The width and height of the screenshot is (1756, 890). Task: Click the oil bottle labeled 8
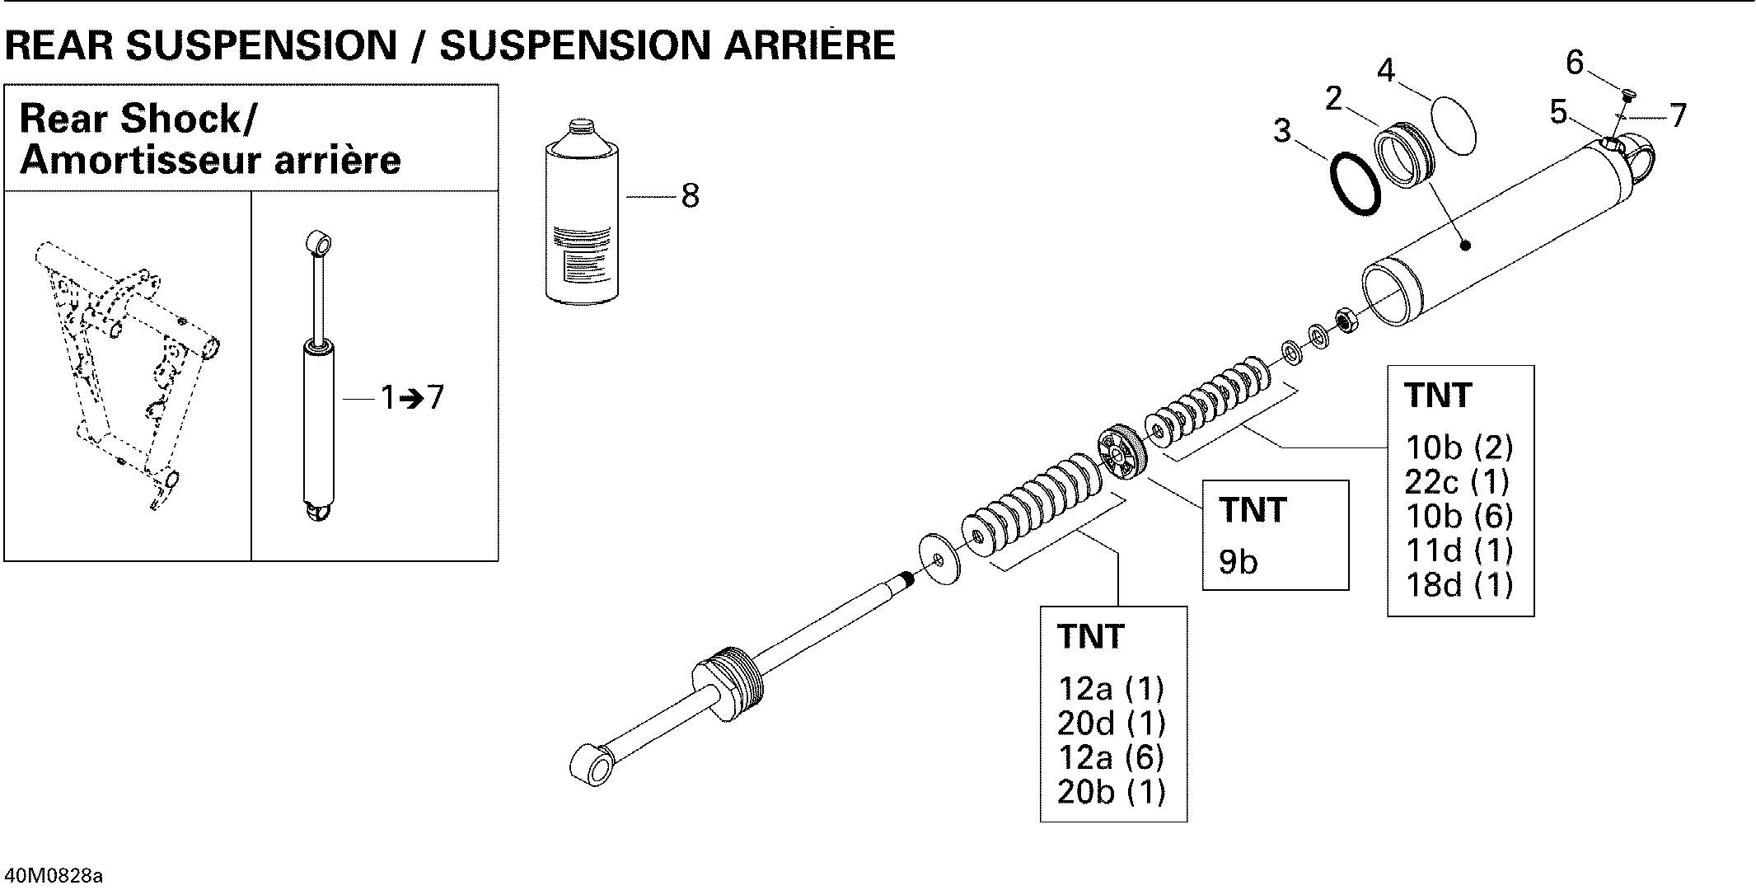click(582, 218)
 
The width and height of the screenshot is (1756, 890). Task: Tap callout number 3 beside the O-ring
click(1282, 130)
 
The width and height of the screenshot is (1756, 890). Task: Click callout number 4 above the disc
click(1386, 71)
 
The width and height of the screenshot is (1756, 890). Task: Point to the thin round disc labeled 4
click(1453, 125)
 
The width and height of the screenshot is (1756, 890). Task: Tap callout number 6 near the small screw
click(1574, 62)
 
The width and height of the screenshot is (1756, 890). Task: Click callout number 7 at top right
click(1679, 115)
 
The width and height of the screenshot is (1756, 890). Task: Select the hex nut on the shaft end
click(1346, 320)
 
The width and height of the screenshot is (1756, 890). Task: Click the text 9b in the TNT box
click(1239, 562)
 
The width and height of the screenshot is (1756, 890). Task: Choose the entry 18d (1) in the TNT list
click(1459, 585)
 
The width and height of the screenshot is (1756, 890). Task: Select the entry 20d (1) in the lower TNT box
click(1111, 723)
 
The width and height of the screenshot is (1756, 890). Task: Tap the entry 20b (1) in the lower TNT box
click(1111, 792)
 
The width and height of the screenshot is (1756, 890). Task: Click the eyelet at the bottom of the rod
click(592, 762)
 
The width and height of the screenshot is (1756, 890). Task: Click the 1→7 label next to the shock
click(412, 398)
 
